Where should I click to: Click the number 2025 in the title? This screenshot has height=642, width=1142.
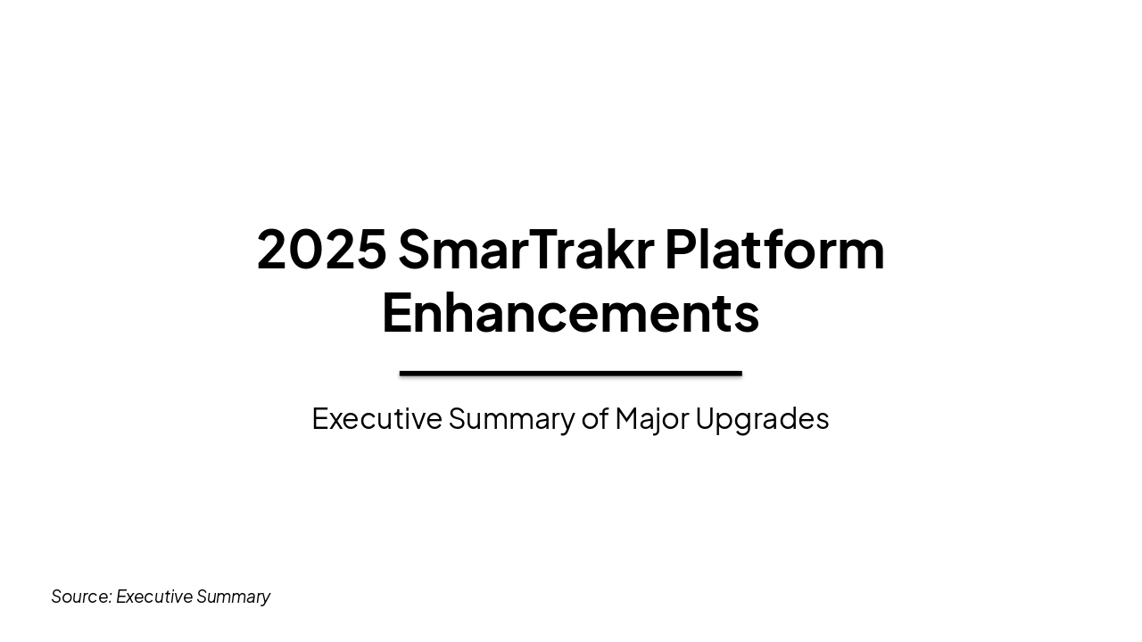coord(321,250)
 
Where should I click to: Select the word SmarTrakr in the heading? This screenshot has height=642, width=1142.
coord(525,250)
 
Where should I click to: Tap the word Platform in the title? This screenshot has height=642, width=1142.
coord(774,250)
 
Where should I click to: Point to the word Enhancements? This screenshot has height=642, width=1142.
coord(570,313)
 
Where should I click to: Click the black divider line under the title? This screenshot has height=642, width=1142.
coord(570,374)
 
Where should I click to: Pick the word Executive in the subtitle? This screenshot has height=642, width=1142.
coord(377,418)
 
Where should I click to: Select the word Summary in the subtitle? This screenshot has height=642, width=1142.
coord(511,418)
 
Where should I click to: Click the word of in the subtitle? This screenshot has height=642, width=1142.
coord(594,418)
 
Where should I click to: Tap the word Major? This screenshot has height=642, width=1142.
coord(651,418)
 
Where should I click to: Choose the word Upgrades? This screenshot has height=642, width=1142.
coord(762,418)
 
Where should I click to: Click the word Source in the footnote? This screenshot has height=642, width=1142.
coord(80,597)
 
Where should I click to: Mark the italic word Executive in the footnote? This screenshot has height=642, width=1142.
coord(153,597)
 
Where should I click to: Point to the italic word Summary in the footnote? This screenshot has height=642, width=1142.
coord(233,597)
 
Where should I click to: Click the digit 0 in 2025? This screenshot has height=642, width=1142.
coord(305,250)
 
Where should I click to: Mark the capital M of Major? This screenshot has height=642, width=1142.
coord(628,418)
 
